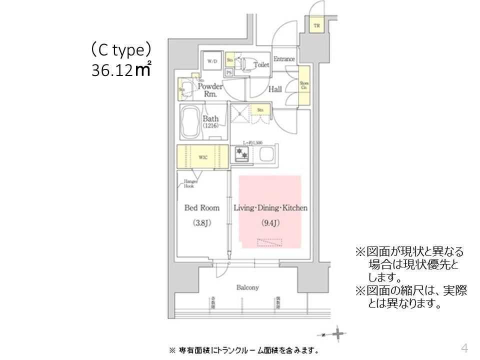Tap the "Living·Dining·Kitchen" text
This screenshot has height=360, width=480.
pyautogui.click(x=270, y=208)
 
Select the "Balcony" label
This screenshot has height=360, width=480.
pyautogui.click(x=247, y=287)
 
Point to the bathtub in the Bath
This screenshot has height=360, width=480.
pyautogui.click(x=190, y=121)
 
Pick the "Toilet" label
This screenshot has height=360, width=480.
pyautogui.click(x=261, y=65)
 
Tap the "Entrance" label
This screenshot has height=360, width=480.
pyautogui.click(x=284, y=59)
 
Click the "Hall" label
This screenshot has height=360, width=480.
pyautogui.click(x=275, y=89)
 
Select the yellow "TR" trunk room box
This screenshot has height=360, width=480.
pyautogui.click(x=317, y=25)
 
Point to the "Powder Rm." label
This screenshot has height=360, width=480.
pyautogui.click(x=210, y=89)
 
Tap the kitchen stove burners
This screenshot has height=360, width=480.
pyautogui.click(x=242, y=154)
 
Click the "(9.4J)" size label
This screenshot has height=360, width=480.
pyautogui.click(x=270, y=223)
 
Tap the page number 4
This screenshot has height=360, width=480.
pyautogui.click(x=464, y=348)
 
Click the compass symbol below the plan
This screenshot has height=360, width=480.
pyautogui.click(x=337, y=333)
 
